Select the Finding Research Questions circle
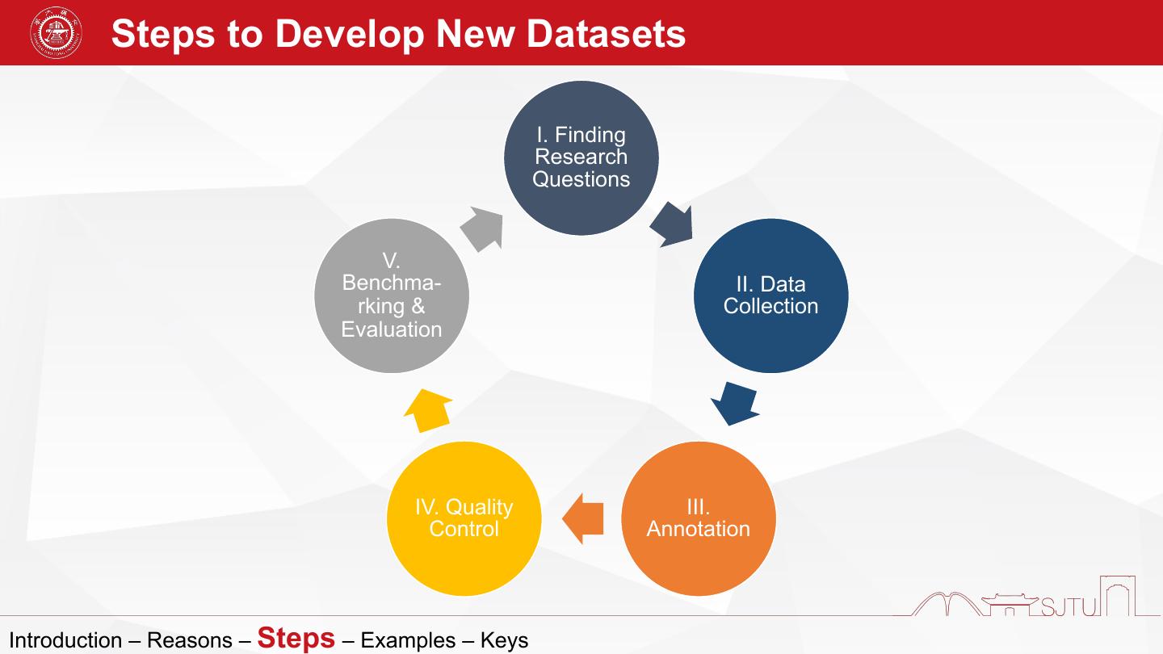tap(581, 157)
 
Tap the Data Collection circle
tap(770, 296)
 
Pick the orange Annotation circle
tap(698, 518)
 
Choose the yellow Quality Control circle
tap(464, 518)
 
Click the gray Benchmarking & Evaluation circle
tap(392, 296)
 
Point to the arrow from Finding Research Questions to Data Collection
tap(672, 225)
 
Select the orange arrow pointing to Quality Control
tap(582, 518)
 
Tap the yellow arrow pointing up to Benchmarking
tap(428, 409)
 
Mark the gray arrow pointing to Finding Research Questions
tap(483, 228)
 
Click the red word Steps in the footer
tap(296, 637)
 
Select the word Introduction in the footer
tap(65, 641)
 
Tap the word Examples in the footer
tap(408, 641)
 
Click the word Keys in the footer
tap(504, 641)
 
